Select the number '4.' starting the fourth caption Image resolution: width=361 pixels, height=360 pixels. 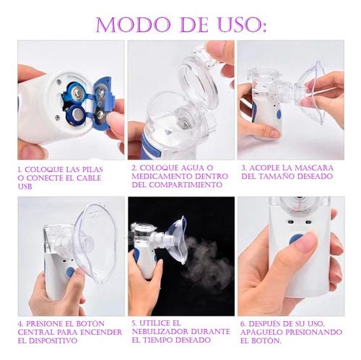click(22, 323)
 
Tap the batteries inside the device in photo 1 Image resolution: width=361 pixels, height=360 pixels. click(76, 101)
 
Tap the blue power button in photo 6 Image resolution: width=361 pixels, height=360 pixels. click(296, 238)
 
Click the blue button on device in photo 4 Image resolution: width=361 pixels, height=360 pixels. click(70, 273)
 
